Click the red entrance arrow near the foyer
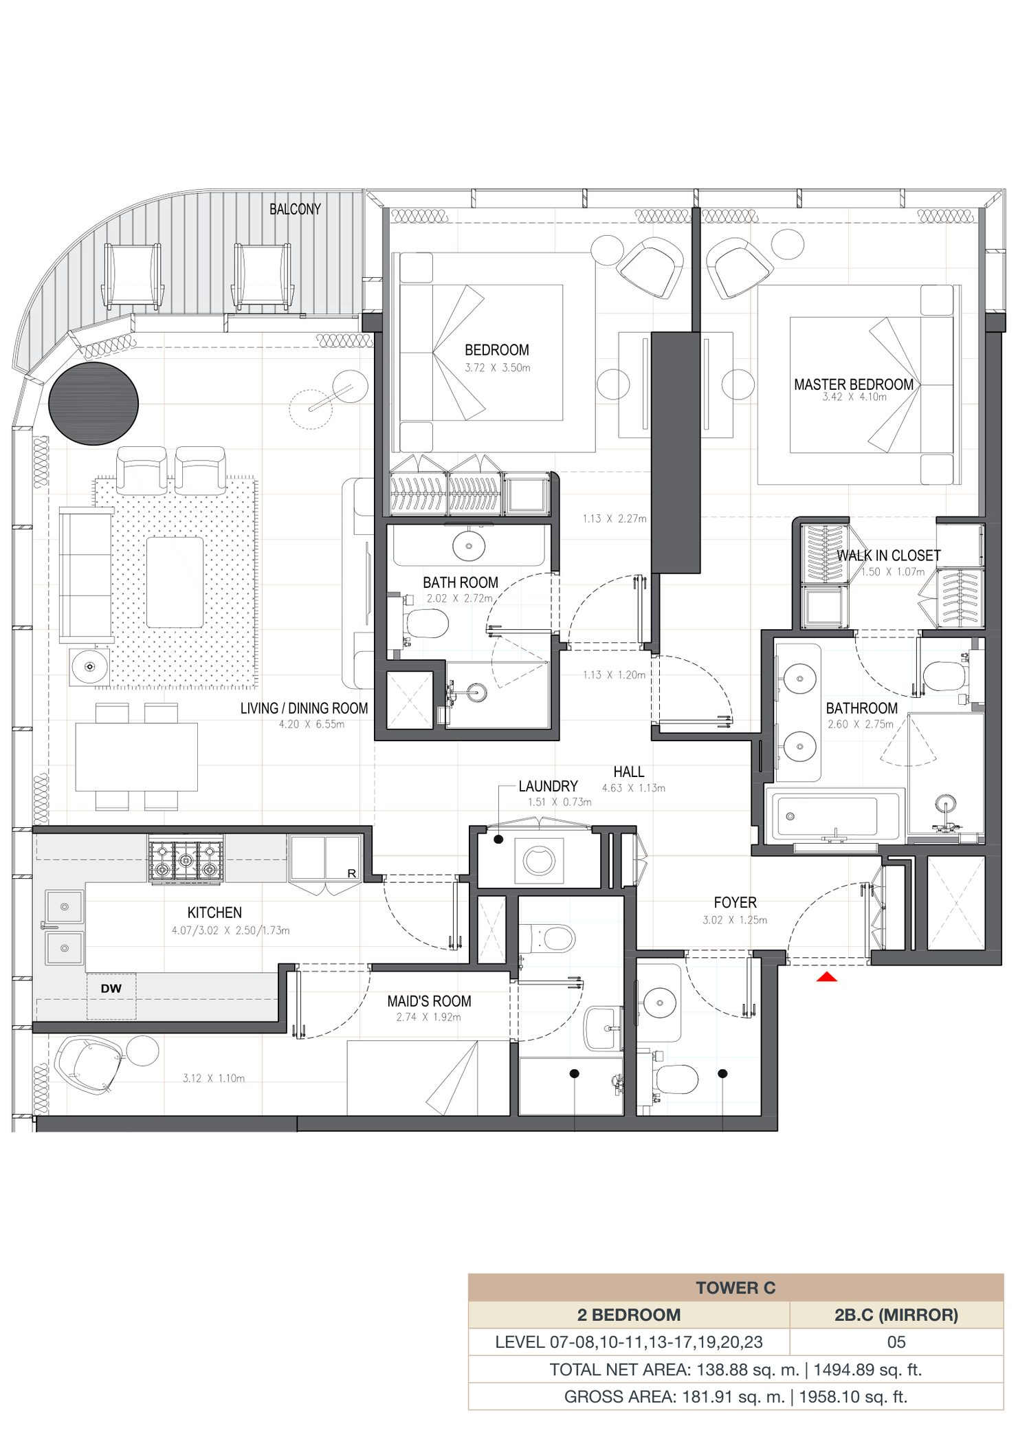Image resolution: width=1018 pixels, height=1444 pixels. pos(827,976)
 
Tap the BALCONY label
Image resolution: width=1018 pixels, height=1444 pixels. pos(295,209)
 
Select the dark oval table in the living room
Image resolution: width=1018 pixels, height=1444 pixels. pos(93,404)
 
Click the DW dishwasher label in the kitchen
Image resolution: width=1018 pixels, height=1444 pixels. pos(111,988)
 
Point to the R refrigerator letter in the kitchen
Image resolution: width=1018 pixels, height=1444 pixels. pos(352,873)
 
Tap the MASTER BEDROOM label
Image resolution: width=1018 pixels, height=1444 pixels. pos(854,384)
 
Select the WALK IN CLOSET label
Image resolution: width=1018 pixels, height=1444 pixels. pos(889,556)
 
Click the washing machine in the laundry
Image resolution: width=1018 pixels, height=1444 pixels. pos(539,860)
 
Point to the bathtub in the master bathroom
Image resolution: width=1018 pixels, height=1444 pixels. pos(834,817)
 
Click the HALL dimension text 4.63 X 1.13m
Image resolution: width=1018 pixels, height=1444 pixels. pos(634,788)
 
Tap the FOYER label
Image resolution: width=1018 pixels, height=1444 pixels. pos(735,903)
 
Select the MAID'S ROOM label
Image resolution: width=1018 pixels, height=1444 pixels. pos(429,1001)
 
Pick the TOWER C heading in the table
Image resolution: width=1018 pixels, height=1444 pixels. pos(735,1288)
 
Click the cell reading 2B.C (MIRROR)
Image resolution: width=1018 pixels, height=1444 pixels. pos(896,1315)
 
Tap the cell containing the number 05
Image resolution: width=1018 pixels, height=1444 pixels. pos(896,1342)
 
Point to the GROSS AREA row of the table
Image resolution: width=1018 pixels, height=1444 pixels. pos(735,1397)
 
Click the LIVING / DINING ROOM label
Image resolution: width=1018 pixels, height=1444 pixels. pos(304,708)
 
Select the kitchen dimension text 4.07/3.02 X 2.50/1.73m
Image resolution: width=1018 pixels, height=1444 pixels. pos(231,930)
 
